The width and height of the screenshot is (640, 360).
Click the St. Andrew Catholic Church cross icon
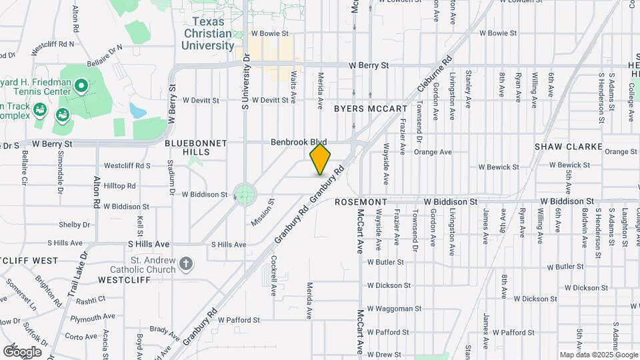point(186,265)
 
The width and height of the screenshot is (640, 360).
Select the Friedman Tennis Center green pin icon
point(81,85)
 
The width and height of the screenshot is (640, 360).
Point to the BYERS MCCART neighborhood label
point(370,109)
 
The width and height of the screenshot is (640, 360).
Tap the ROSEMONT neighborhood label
point(361,201)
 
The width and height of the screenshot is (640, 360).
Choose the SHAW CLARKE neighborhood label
point(568,147)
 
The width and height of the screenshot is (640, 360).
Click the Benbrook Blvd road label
point(298,143)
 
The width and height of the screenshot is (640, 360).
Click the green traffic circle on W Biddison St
point(245,194)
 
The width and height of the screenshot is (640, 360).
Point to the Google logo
point(22,351)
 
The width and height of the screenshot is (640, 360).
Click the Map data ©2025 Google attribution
point(599,355)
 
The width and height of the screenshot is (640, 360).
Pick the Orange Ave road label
point(433,152)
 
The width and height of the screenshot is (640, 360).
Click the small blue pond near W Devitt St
point(137,110)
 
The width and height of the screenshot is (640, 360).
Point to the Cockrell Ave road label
point(273,276)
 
